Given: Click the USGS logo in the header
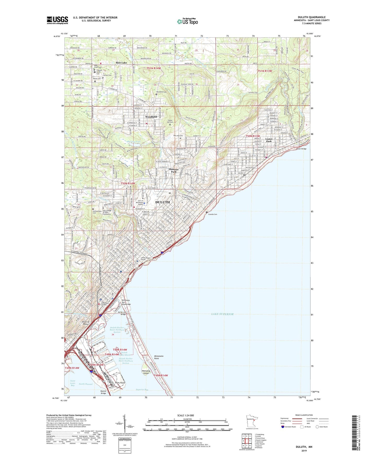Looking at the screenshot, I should tap(57, 20).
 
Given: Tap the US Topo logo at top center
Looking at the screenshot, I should tap(187, 21).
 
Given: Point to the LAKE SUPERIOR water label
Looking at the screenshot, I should tap(222, 314).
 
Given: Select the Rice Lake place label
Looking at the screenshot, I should tap(121, 63).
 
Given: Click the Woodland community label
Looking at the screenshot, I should tap(151, 116).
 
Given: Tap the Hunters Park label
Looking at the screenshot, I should tap(174, 170).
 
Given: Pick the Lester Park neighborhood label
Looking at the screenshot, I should tap(269, 140).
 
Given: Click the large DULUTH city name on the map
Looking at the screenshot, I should tap(162, 202).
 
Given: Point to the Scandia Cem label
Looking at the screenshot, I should tap(213, 214).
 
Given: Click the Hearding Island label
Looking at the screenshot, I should tap(146, 372).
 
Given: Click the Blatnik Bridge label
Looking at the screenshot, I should tap(103, 392).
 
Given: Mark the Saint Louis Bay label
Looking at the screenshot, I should tap(73, 383).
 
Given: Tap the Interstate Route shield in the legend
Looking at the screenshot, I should tap(283, 427).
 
